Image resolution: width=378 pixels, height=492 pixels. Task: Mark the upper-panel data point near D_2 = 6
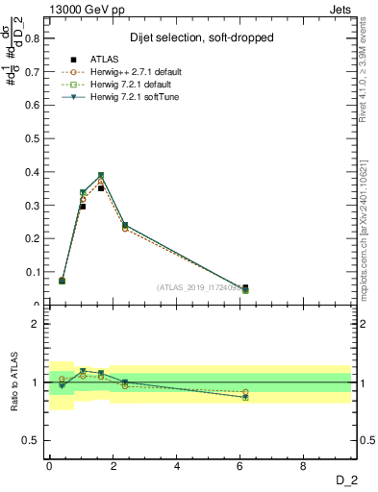[245, 289]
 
